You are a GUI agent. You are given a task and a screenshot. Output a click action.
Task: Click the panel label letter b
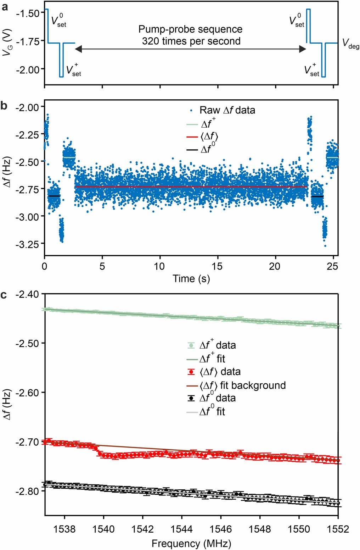coord(5,106)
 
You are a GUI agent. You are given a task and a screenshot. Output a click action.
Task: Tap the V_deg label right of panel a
coord(350,44)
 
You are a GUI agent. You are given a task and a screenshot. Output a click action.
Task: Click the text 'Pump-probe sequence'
coord(190,29)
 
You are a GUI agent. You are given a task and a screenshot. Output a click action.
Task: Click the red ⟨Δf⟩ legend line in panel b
coord(192,137)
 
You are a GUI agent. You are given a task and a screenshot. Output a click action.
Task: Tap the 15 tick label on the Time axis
coord(217,266)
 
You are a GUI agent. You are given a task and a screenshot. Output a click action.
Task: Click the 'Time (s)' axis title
coord(191,279)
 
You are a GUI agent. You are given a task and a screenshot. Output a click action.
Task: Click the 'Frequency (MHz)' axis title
coord(191,543)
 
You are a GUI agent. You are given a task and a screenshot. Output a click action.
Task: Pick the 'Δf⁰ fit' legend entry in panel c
coord(212,412)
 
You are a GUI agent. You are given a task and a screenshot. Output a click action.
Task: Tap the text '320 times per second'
coord(191,41)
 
